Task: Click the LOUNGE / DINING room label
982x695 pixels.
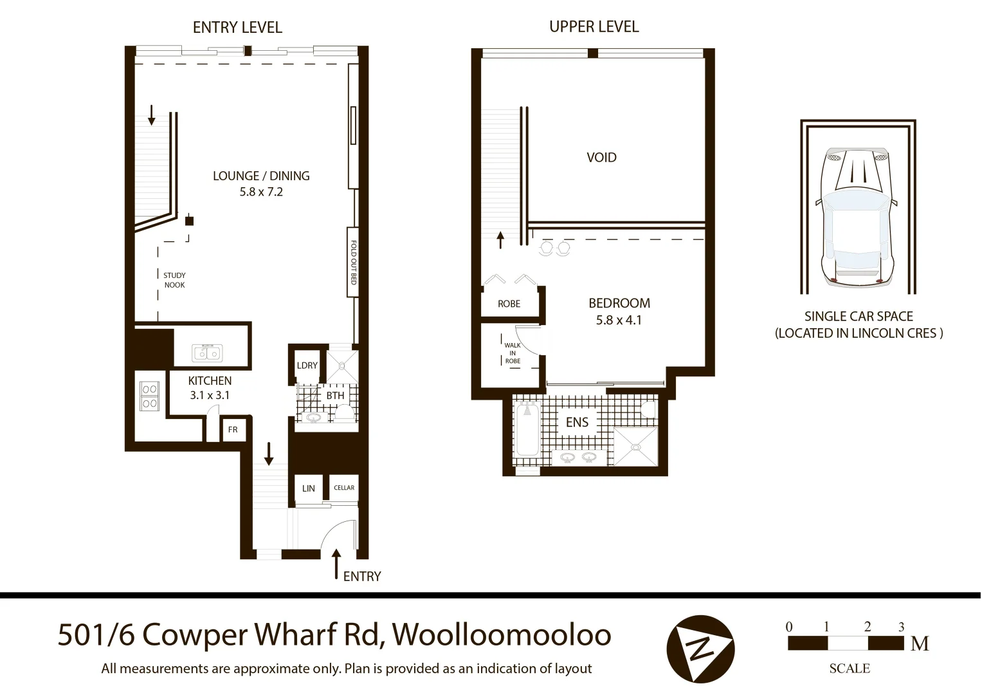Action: coord(261,176)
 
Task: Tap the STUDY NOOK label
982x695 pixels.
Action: coord(174,280)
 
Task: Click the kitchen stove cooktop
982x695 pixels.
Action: coord(150,396)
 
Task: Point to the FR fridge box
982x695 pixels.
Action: coord(233,429)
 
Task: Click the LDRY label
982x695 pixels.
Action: coord(307,365)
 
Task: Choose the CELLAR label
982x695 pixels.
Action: coord(344,488)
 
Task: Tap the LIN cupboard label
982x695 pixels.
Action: coord(309,488)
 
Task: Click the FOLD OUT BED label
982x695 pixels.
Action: coord(353,263)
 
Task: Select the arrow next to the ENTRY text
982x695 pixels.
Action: coord(335,564)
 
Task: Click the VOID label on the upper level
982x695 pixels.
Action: coord(601,157)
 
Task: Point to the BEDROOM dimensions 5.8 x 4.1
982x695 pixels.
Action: coord(619,320)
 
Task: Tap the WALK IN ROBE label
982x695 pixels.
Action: coord(513,353)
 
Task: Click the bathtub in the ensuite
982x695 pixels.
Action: coord(527,429)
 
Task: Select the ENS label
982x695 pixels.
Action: coord(577,422)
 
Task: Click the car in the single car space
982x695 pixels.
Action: coord(857,216)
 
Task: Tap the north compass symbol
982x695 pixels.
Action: coord(700,649)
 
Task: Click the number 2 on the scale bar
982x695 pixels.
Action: coord(868,627)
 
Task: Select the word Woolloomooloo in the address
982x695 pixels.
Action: coord(502,635)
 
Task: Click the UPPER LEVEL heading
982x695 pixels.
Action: coord(594,26)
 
